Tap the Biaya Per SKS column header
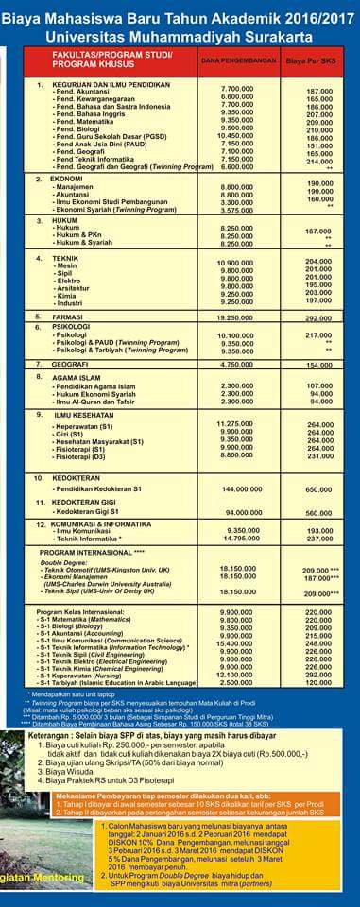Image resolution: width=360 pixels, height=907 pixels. [318, 60]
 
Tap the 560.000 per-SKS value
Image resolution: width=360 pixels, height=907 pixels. [319, 512]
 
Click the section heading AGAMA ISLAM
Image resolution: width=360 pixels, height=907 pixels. [77, 378]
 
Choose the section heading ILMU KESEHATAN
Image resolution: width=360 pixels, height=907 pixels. [86, 414]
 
